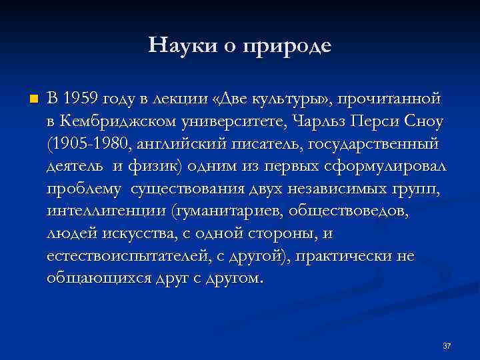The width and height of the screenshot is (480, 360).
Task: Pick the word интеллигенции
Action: (x=106, y=212)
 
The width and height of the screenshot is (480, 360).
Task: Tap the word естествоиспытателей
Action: (x=129, y=256)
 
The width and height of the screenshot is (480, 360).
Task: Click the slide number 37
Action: (x=447, y=346)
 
